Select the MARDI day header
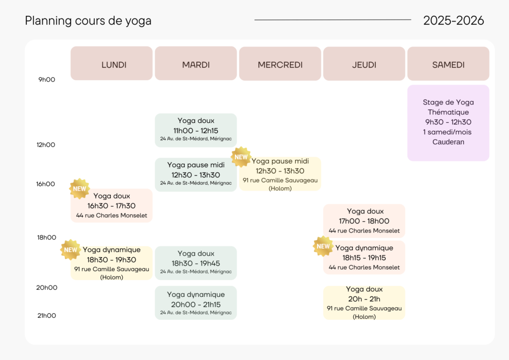pos(196,65)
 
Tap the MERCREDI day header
pos(280,65)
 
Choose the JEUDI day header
pos(364,65)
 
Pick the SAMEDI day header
pos(448,65)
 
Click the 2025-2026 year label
pos(453,20)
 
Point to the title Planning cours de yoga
pos(88,21)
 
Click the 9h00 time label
pos(47,80)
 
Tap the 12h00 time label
pos(46,145)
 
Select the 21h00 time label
pos(47,315)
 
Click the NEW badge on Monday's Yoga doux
pos(80,188)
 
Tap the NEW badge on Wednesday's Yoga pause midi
pos(241,157)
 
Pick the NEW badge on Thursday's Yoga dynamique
pos(323,246)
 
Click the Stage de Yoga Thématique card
pos(448,122)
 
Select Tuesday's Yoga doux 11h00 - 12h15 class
pos(196,130)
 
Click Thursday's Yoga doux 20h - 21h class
pos(364,303)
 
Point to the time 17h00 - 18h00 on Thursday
pos(364,221)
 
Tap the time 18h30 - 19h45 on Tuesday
pos(196,263)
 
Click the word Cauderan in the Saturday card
pos(448,142)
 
